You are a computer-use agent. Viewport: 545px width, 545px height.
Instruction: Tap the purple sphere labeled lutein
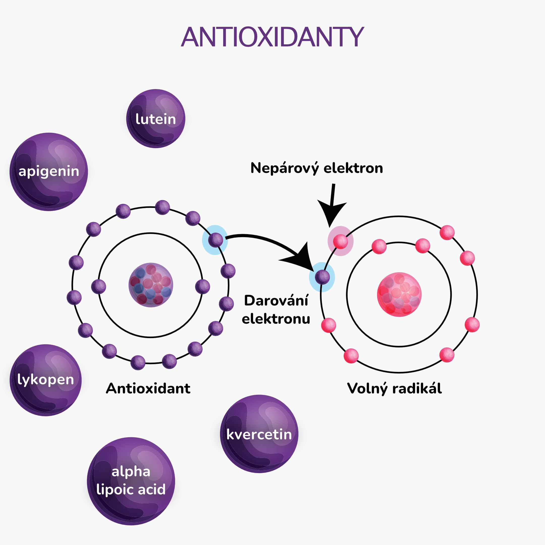click(x=156, y=119)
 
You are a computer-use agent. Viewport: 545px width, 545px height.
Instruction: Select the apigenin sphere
click(x=49, y=172)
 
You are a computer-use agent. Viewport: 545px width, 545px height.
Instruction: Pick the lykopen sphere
click(x=46, y=380)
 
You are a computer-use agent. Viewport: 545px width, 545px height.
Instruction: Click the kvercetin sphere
click(x=259, y=434)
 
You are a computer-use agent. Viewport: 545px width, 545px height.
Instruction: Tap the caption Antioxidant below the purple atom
click(x=148, y=389)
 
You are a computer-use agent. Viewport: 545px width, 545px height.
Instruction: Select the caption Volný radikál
click(x=394, y=389)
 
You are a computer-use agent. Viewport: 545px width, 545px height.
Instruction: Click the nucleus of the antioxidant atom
click(x=151, y=285)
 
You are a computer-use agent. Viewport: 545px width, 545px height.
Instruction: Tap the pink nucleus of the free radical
click(x=399, y=294)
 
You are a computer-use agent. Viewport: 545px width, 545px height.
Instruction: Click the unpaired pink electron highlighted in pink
click(x=340, y=241)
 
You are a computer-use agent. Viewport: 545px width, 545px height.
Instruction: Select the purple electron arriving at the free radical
click(x=322, y=277)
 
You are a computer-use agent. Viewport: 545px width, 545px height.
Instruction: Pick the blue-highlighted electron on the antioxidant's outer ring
click(x=215, y=240)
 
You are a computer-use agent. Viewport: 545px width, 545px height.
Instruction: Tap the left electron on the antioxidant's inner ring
click(x=99, y=287)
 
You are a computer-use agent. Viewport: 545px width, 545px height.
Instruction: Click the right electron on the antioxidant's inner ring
click(x=203, y=286)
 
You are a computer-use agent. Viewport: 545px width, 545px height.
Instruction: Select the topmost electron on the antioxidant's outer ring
click(x=162, y=207)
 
